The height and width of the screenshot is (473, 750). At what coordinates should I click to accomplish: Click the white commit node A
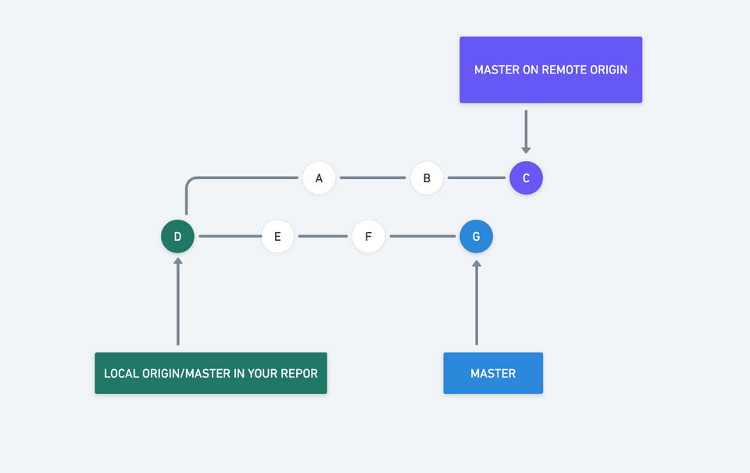pyautogui.click(x=319, y=178)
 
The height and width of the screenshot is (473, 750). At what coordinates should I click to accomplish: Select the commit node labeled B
pyautogui.click(x=427, y=178)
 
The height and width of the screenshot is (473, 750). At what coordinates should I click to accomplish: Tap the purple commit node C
pyautogui.click(x=526, y=178)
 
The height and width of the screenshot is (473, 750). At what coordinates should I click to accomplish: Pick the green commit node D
pyautogui.click(x=177, y=236)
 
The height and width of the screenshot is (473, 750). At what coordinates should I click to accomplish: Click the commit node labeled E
pyautogui.click(x=277, y=236)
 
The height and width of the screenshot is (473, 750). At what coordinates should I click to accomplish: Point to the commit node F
pyautogui.click(x=369, y=236)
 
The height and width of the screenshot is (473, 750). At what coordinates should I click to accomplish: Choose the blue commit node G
pyautogui.click(x=477, y=236)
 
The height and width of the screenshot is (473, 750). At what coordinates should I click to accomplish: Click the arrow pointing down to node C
pyautogui.click(x=526, y=131)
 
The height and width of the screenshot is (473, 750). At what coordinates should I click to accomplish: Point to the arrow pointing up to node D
pyautogui.click(x=177, y=302)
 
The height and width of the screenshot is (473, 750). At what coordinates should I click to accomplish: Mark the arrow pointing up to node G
pyautogui.click(x=477, y=302)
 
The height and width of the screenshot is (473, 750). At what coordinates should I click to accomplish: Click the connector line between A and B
pyautogui.click(x=373, y=178)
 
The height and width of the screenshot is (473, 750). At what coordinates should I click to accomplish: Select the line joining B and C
pyautogui.click(x=476, y=178)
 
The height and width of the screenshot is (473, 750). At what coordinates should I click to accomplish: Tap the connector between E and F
pyautogui.click(x=323, y=236)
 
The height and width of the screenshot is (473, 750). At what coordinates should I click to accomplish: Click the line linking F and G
pyautogui.click(x=423, y=236)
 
